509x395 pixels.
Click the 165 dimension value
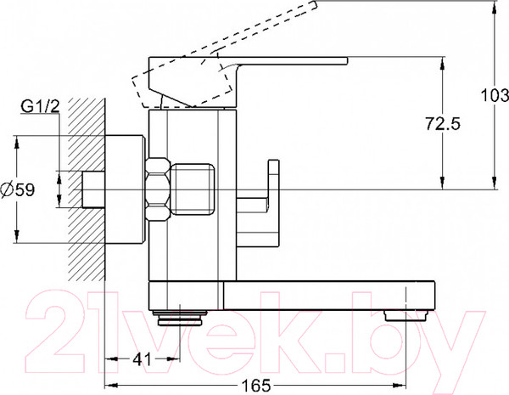(256, 386)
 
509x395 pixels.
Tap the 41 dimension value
(143, 359)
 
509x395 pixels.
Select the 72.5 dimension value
(443, 124)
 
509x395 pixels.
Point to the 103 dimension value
(495, 96)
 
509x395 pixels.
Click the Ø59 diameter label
(18, 189)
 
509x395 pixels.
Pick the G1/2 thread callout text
(41, 106)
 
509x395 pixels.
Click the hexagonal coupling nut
(158, 189)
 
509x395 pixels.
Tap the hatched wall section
(87, 189)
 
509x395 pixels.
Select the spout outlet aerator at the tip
(406, 316)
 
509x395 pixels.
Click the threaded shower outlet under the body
(180, 318)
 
